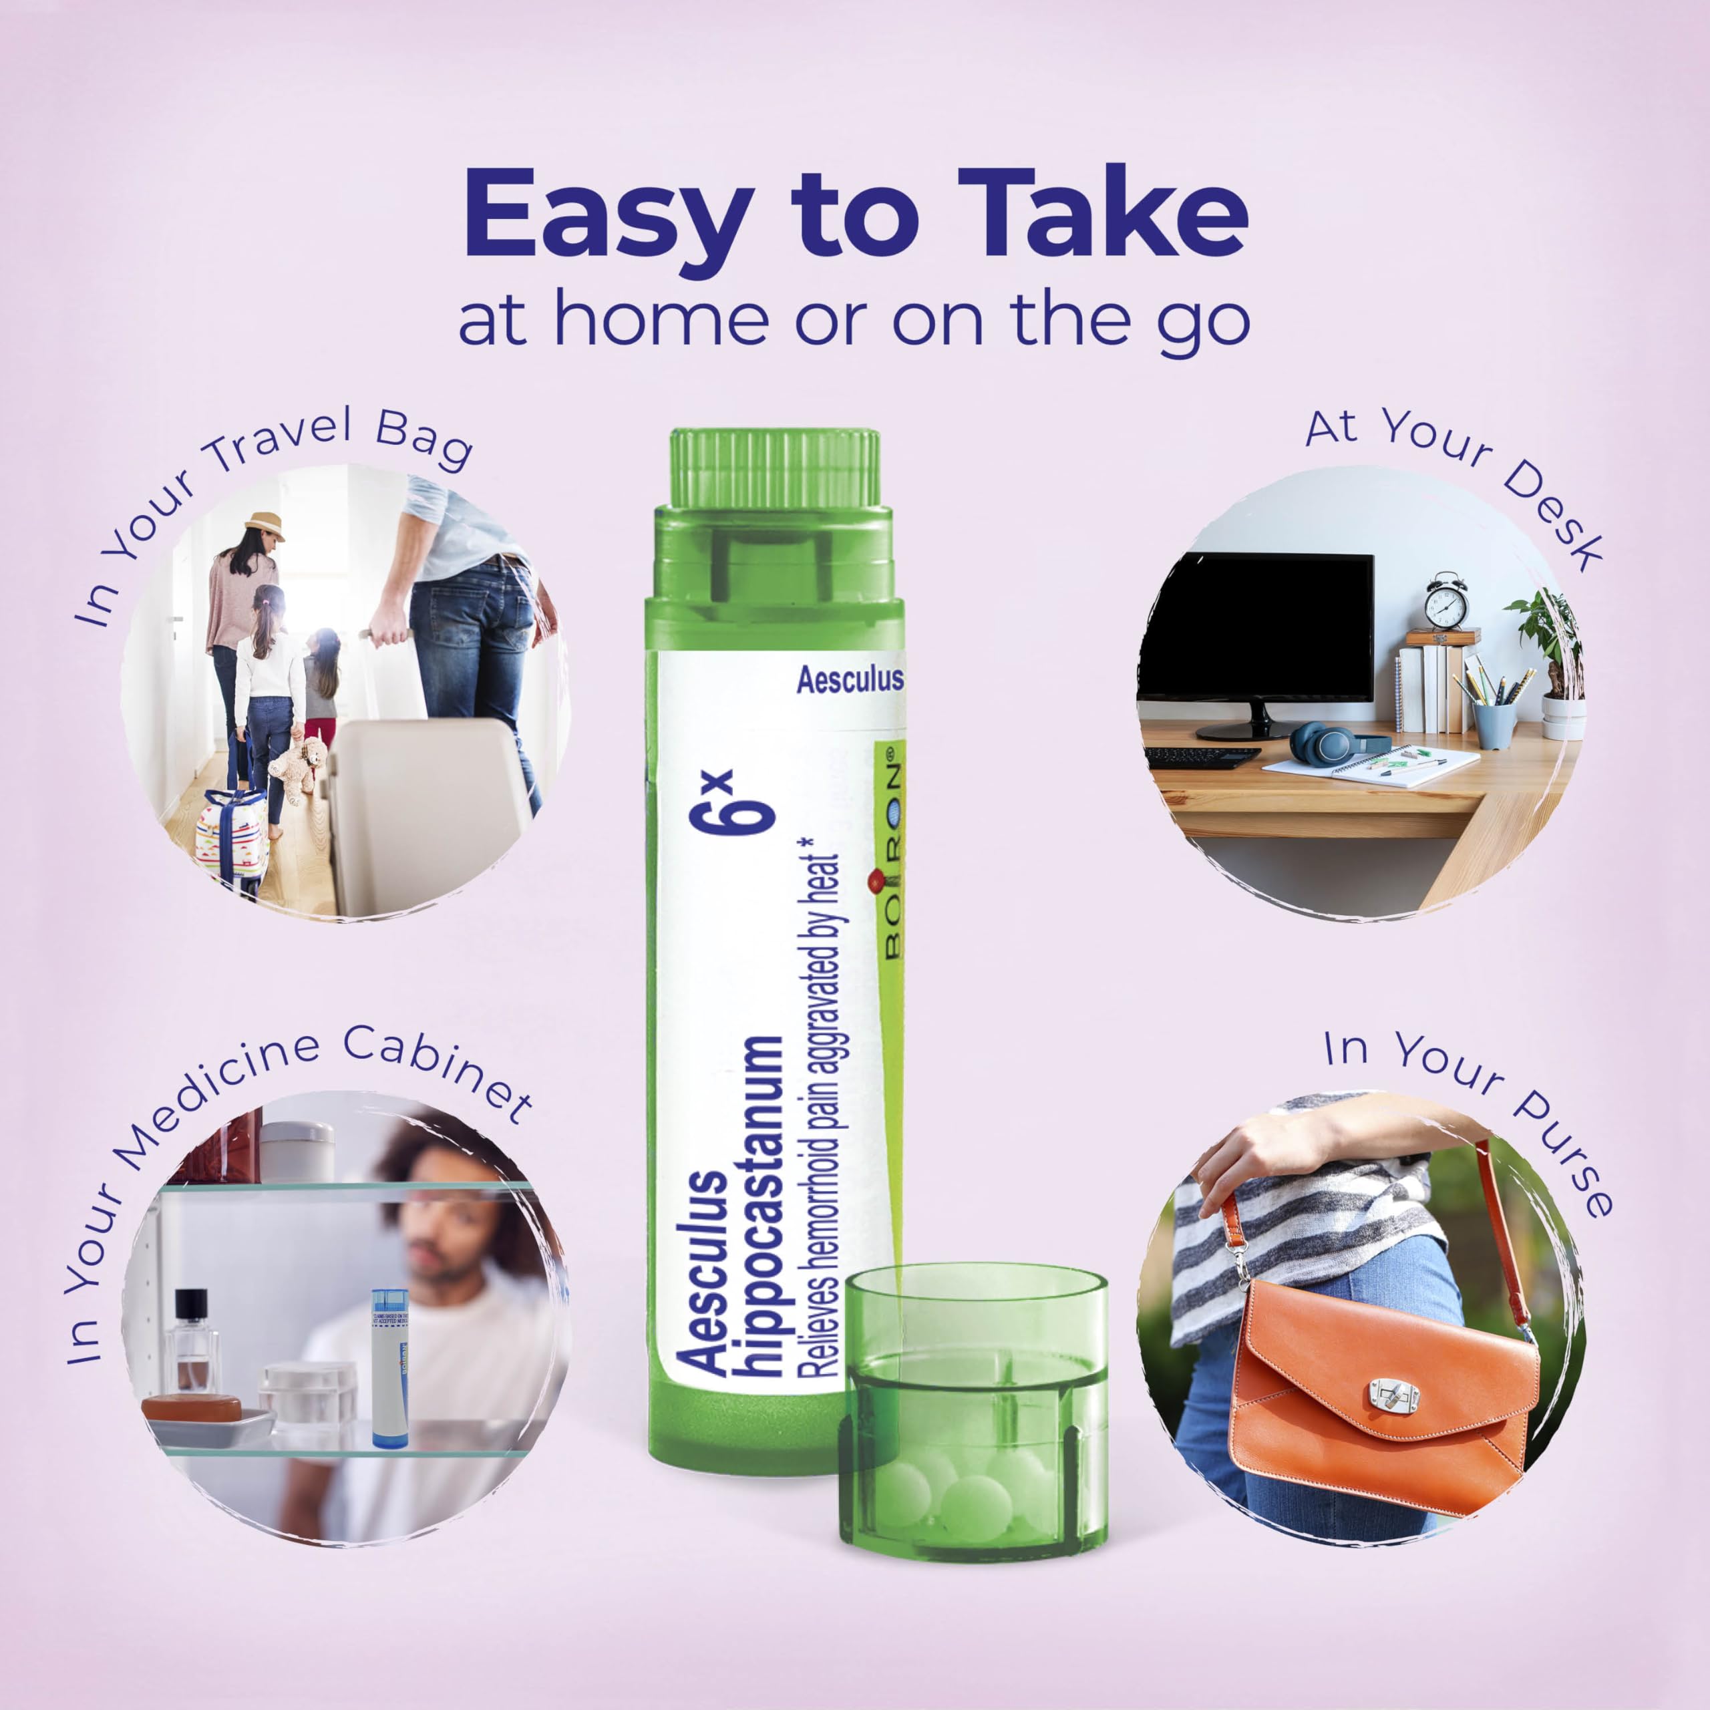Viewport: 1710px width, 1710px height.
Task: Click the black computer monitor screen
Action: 1256,627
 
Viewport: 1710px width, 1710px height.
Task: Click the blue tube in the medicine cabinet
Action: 389,1367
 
